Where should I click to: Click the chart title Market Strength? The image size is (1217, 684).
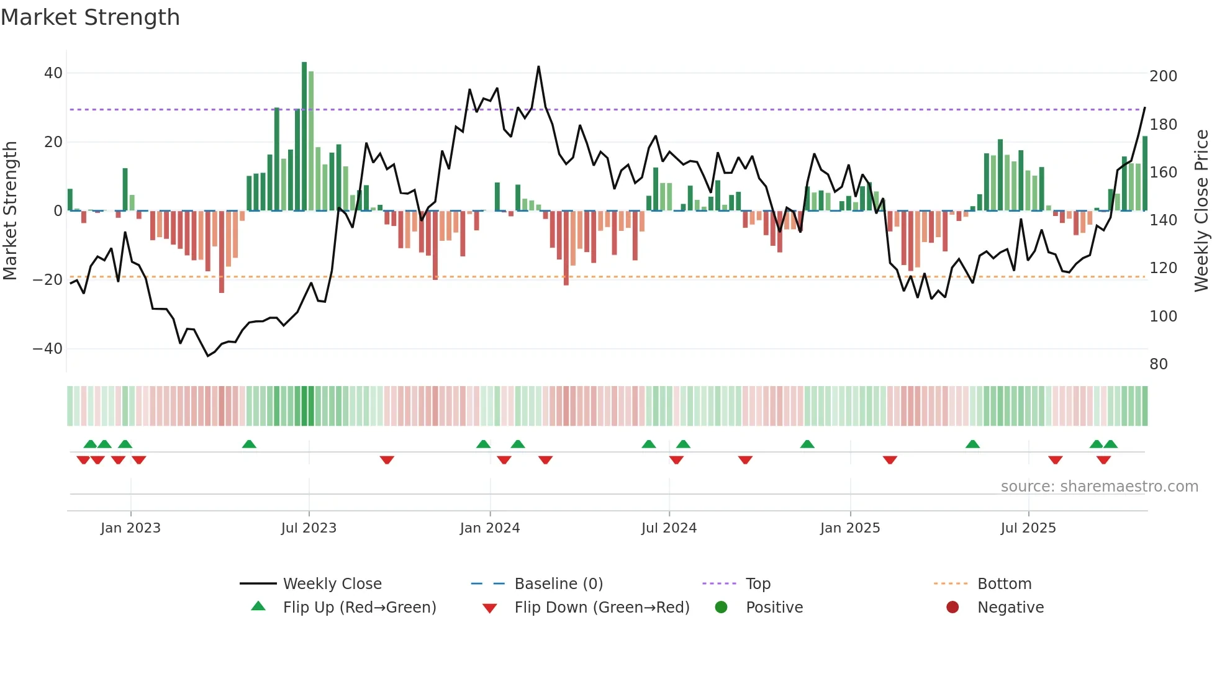click(x=90, y=17)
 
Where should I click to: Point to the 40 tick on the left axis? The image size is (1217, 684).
click(x=53, y=73)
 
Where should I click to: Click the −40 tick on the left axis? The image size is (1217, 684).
click(x=48, y=349)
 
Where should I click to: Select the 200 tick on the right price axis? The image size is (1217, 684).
click(x=1163, y=76)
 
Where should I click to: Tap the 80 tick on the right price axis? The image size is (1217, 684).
click(x=1159, y=364)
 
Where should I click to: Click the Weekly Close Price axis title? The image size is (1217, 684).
click(x=1202, y=211)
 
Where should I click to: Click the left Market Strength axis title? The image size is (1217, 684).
click(x=11, y=211)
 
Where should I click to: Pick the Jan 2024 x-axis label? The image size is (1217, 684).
click(x=490, y=528)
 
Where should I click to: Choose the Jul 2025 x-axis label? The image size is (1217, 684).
click(x=1028, y=528)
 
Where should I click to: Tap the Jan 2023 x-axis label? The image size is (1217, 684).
click(x=130, y=528)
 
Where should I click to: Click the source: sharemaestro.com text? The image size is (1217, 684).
click(x=1099, y=487)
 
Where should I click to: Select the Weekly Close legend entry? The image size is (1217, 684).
click(x=332, y=584)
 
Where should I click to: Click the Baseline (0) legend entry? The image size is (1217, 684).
click(x=558, y=584)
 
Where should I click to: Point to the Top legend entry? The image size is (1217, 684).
click(x=758, y=584)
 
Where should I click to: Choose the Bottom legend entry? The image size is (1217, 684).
click(x=1004, y=584)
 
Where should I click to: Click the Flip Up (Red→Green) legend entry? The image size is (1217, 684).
click(x=359, y=608)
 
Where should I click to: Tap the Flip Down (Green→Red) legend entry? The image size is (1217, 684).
click(x=601, y=608)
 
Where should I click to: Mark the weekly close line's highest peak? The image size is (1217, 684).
click(x=538, y=66)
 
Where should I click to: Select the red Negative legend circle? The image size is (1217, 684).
click(x=952, y=608)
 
